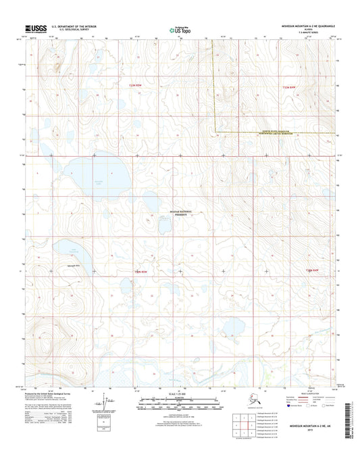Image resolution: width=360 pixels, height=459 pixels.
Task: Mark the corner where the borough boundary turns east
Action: coord(215,131)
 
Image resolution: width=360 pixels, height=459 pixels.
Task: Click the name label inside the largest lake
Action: coord(99,182)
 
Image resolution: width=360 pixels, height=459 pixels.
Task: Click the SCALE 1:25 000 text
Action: coord(180,394)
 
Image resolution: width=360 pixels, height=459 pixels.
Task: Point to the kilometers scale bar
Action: coord(180,400)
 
